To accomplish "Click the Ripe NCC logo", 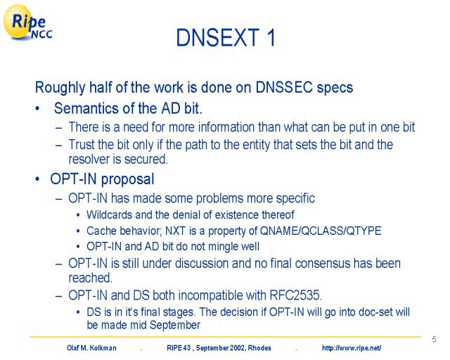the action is pyautogui.click(x=27, y=22).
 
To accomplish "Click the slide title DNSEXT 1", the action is pyautogui.click(x=226, y=37).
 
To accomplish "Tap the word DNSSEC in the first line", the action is pyautogui.click(x=284, y=87).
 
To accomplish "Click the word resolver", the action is pyautogui.click(x=87, y=160).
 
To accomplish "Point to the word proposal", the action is pyautogui.click(x=128, y=180).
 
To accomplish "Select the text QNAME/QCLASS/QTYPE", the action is pyautogui.click(x=321, y=231).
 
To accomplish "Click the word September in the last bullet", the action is pyautogui.click(x=175, y=326).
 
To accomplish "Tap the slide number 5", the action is pyautogui.click(x=434, y=340).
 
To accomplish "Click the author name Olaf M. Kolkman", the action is pyautogui.click(x=91, y=348).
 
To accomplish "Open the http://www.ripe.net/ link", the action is pyautogui.click(x=352, y=348).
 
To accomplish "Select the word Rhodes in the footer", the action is pyautogui.click(x=259, y=348).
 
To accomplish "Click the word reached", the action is pyautogui.click(x=90, y=278).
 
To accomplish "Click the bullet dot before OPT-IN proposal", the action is pyautogui.click(x=37, y=179).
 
